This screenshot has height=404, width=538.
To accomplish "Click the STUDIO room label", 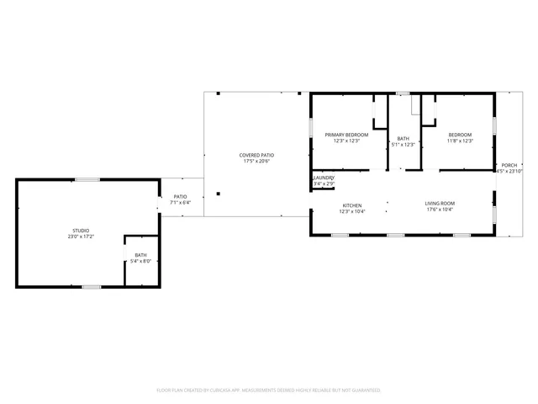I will click(80, 230).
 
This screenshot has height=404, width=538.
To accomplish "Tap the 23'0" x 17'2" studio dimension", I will click(81, 237).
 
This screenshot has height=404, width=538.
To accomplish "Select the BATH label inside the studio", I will click(140, 255).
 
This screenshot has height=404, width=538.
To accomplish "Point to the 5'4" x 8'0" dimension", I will click(140, 261).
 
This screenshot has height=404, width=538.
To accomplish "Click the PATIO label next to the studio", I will click(181, 196).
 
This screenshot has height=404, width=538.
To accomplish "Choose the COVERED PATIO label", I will click(256, 155).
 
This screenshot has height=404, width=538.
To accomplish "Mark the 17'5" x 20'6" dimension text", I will click(256, 161).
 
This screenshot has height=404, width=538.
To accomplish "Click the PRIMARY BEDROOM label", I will click(346, 135).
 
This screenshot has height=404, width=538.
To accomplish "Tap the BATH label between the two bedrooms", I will click(403, 139).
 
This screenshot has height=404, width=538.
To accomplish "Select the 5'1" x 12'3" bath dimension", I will click(403, 145).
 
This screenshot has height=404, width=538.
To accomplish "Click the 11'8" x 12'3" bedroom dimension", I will click(460, 141).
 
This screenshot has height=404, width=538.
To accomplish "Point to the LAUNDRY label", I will click(324, 178).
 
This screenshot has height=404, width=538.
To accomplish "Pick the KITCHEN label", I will click(351, 205).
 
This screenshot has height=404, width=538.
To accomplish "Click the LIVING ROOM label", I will click(439, 204).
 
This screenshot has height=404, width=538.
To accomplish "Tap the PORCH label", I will click(509, 165).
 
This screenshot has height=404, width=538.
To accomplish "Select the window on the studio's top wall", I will click(87, 179).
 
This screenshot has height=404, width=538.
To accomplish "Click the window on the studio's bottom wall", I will click(92, 287).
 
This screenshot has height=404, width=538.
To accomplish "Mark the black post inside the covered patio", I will click(218, 194).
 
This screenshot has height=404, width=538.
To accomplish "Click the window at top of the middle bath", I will click(403, 93).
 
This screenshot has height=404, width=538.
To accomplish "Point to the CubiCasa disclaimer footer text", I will click(269, 391).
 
